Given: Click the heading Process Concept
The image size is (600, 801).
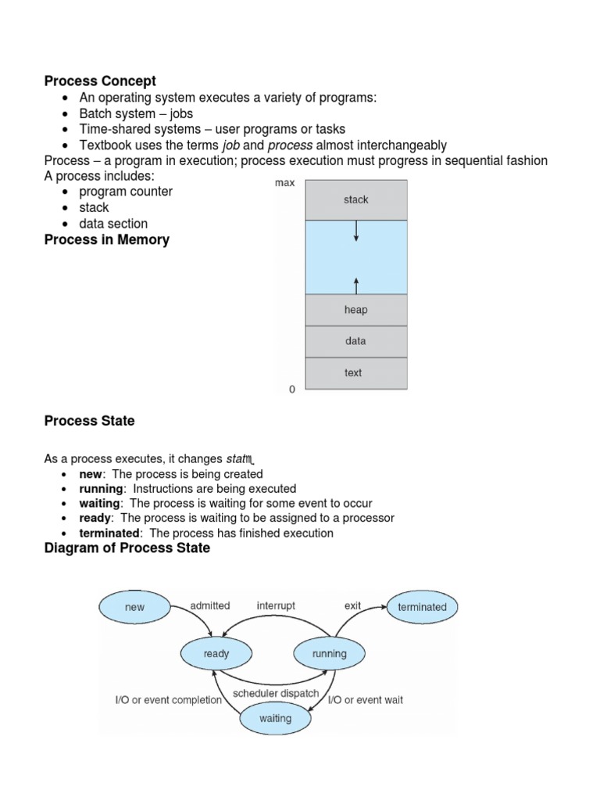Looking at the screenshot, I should (100, 81).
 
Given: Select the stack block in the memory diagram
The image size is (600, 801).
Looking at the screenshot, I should (355, 199).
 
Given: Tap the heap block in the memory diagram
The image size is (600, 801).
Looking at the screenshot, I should (355, 310).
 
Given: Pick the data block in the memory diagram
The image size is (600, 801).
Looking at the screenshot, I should (355, 341).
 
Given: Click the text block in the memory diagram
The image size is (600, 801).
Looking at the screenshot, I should (353, 373).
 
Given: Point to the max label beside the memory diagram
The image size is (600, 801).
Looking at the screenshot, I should (284, 183).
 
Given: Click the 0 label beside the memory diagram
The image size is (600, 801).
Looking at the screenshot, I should (292, 389).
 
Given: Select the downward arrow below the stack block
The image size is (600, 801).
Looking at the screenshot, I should (356, 231).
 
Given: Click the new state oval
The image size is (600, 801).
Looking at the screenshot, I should (134, 606).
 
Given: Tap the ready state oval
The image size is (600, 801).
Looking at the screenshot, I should (216, 653).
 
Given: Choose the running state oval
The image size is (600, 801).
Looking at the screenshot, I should (329, 653).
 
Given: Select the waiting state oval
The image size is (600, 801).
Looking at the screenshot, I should (275, 717).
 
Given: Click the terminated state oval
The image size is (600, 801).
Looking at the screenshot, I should (422, 606).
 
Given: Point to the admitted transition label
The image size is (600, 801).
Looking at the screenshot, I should (210, 605).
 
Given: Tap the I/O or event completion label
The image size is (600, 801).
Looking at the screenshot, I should (169, 700).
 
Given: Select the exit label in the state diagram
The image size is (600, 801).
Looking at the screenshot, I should (353, 605).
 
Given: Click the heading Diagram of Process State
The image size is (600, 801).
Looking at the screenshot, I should (127, 548).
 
